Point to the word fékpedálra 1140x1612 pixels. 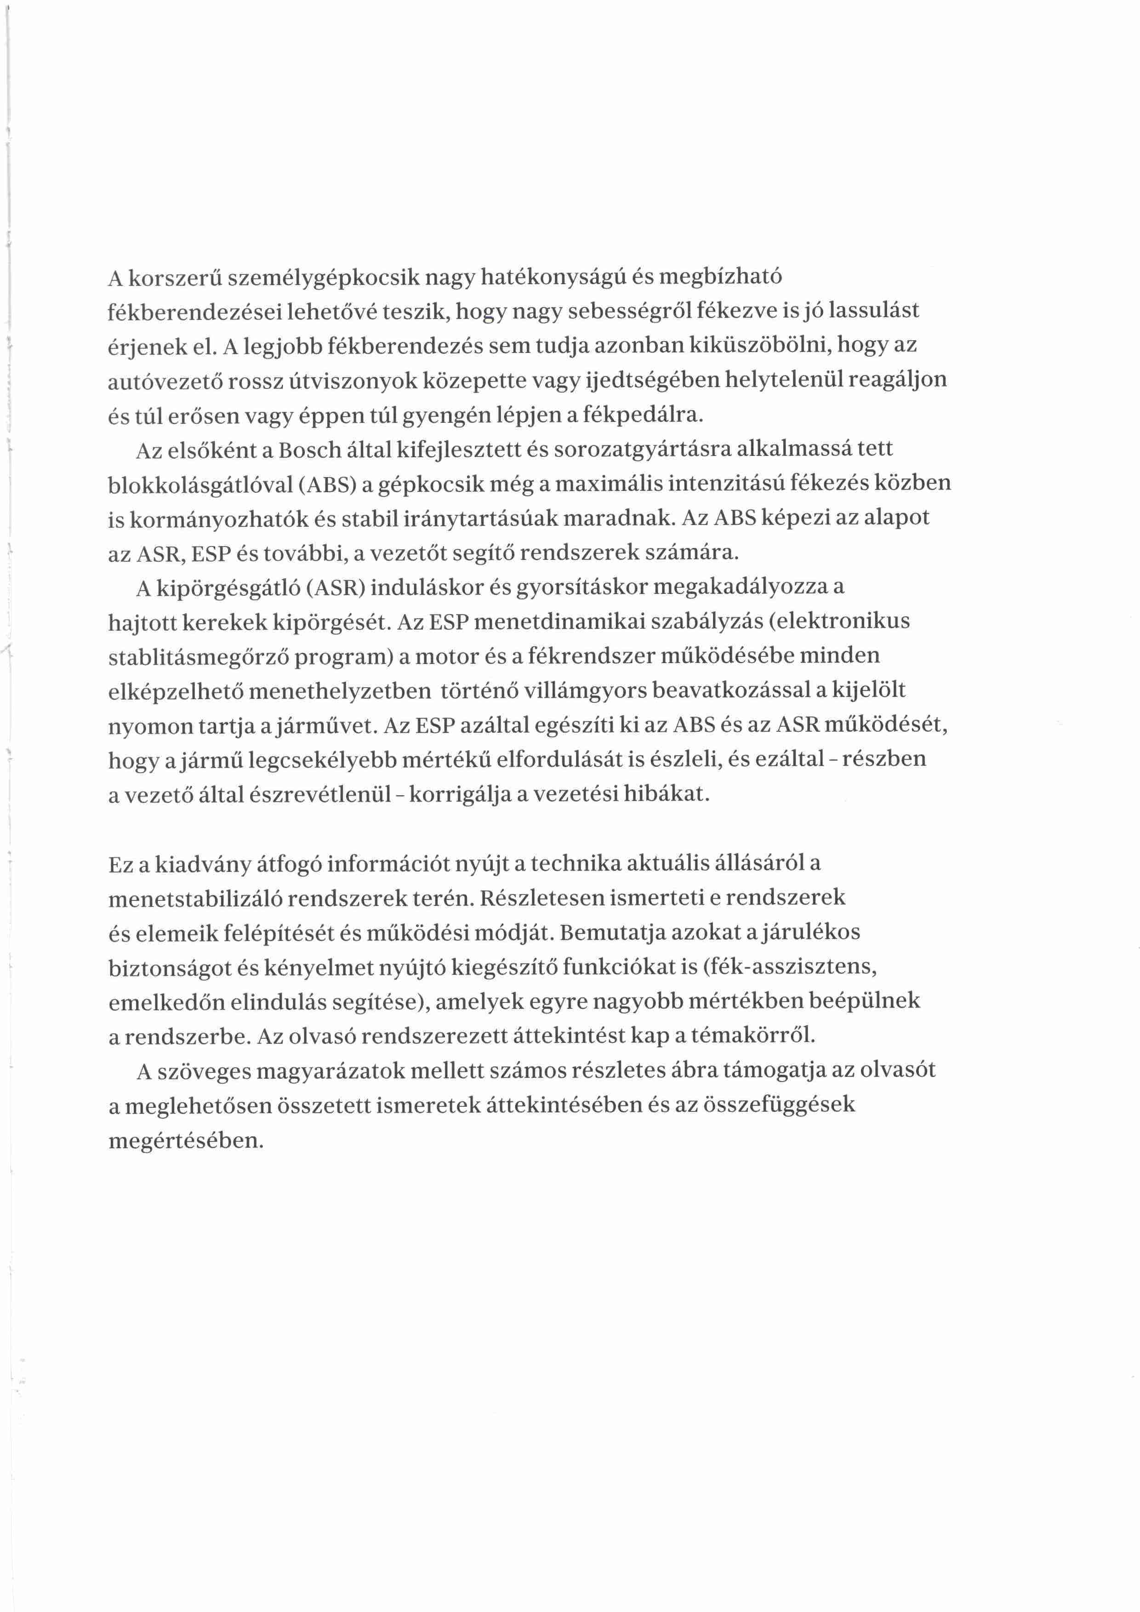click(642, 415)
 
